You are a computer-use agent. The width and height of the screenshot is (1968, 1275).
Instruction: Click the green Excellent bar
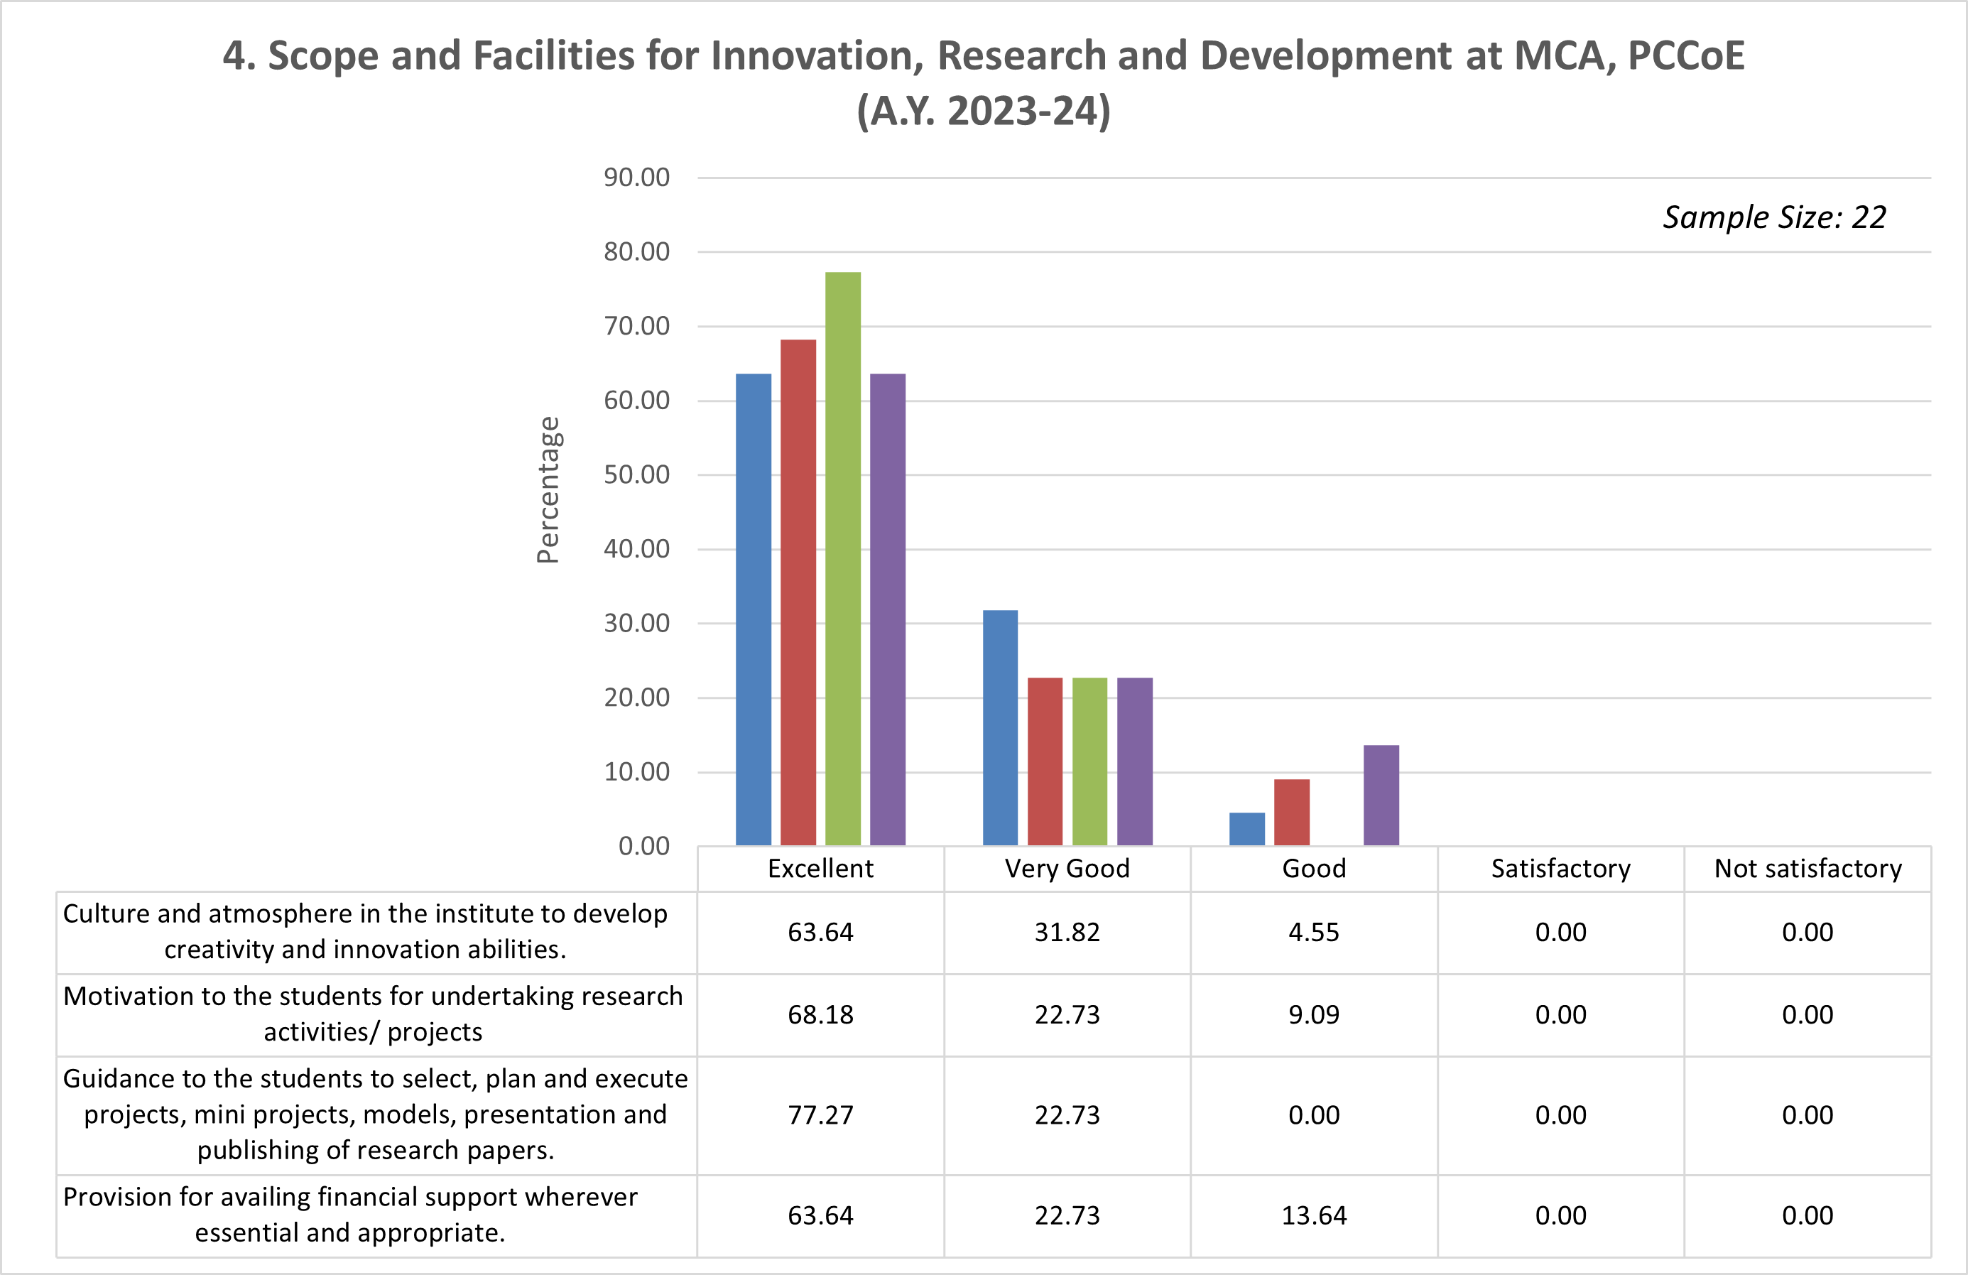click(842, 558)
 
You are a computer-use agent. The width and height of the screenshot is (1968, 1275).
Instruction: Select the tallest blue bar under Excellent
click(754, 609)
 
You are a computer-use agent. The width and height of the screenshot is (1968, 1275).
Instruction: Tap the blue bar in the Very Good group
click(1000, 727)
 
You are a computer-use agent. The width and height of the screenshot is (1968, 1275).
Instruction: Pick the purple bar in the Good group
click(1381, 795)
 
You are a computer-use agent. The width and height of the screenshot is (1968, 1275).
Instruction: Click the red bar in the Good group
click(1292, 812)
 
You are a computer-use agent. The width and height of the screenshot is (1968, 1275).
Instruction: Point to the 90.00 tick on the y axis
click(636, 177)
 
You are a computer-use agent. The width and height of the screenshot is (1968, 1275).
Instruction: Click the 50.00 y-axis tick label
click(636, 474)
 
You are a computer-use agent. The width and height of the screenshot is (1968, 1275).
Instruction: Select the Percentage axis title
click(548, 489)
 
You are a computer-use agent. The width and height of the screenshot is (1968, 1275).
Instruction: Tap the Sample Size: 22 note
click(1775, 217)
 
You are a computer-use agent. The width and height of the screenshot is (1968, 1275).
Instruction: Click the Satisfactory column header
click(1560, 868)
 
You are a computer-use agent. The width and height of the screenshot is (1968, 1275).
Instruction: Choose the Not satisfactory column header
click(1807, 868)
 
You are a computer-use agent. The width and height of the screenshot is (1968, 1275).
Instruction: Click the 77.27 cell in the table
click(820, 1114)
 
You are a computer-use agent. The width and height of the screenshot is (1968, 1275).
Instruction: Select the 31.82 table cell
click(1067, 932)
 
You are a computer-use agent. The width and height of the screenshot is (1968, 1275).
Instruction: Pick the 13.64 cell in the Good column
click(1314, 1215)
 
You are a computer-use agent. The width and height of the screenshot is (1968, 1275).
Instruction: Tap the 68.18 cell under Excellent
click(820, 1014)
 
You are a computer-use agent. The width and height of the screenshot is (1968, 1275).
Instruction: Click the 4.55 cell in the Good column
click(1314, 932)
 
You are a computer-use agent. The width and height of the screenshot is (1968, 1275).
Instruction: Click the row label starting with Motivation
click(373, 1014)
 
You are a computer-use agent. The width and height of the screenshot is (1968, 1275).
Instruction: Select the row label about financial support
click(351, 1215)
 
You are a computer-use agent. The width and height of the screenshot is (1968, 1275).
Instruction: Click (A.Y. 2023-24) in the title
click(983, 111)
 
